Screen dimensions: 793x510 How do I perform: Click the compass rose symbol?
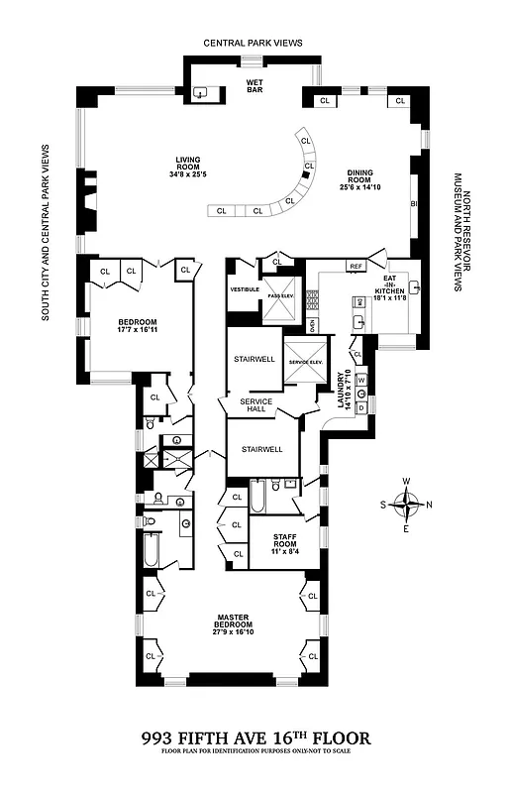point(406,504)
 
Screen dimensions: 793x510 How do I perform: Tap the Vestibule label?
point(245,289)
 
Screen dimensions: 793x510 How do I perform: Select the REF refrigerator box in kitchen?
point(357,266)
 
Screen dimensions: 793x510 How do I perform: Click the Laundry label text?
point(343,390)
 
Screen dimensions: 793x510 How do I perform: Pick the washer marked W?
point(361,380)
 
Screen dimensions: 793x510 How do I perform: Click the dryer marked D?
point(361,406)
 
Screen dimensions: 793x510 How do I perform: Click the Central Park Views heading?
point(254,44)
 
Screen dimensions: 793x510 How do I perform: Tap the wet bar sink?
point(201,93)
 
